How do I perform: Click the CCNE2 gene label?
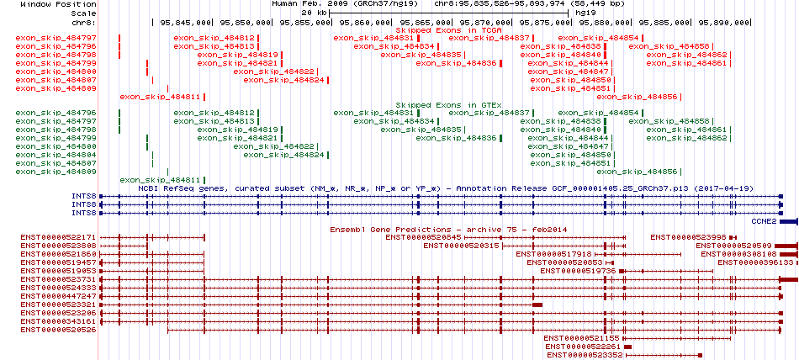click(x=764, y=221)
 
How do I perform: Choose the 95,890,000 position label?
click(x=725, y=23)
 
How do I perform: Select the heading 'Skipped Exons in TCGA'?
click(x=449, y=30)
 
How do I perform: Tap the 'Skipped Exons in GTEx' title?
click(x=449, y=104)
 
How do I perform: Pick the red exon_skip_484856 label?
click(x=637, y=97)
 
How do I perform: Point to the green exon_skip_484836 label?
click(x=456, y=138)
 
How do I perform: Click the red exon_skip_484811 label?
click(x=160, y=97)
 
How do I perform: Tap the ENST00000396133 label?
click(x=756, y=262)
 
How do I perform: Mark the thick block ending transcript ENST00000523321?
click(x=537, y=304)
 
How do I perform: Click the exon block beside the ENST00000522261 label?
click(x=627, y=347)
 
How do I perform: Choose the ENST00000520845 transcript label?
click(x=423, y=238)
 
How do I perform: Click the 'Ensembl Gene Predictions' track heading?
click(x=390, y=230)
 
